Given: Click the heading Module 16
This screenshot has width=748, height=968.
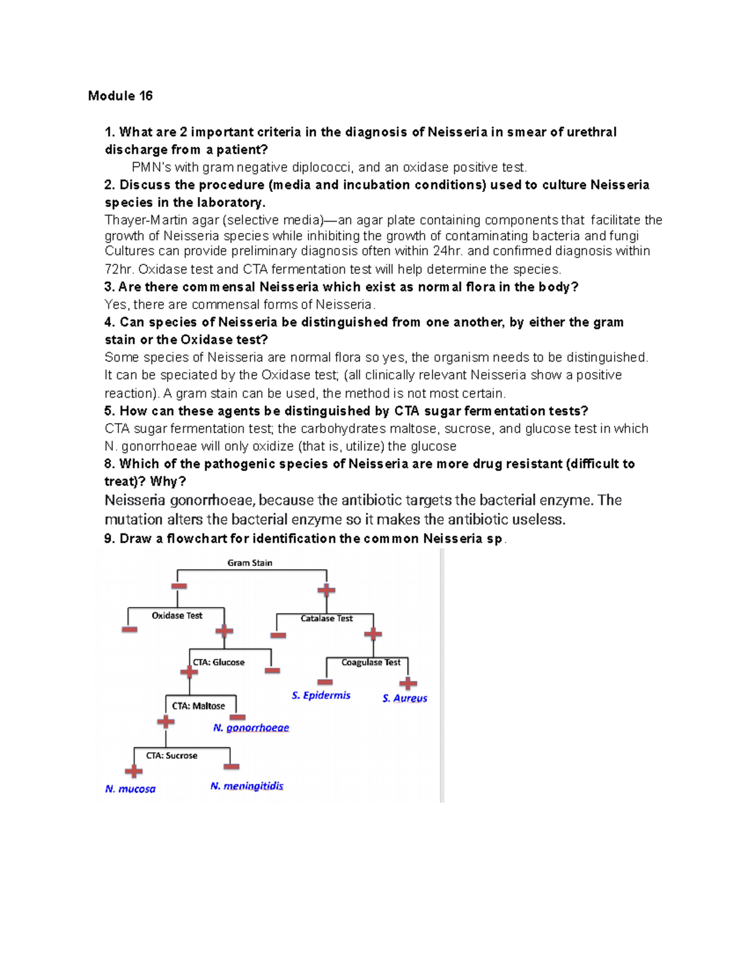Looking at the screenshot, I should (120, 96).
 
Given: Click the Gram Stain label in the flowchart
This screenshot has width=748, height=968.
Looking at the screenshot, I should (249, 563).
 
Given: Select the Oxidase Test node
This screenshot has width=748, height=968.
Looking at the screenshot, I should (177, 616).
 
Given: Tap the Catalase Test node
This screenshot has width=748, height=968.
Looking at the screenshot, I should (327, 619).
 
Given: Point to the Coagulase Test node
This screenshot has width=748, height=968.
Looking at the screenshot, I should (371, 663).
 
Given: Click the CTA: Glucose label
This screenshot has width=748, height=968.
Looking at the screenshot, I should (219, 663).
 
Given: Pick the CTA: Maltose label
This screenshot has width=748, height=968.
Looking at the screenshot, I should (198, 706).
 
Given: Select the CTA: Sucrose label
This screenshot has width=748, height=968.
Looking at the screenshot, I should (171, 755).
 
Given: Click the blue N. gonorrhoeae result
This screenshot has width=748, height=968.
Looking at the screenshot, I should (251, 728).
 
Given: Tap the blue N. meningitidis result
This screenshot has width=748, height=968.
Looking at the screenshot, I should (247, 786).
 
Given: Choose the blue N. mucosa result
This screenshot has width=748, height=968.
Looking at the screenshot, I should (130, 789).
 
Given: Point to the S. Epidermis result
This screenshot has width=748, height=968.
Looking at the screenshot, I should (321, 696).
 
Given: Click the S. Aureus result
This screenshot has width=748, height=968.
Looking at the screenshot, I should (405, 699).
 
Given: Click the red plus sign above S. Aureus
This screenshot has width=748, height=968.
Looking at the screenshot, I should (408, 684).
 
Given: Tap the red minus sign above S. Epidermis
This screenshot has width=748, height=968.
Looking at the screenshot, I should (325, 682).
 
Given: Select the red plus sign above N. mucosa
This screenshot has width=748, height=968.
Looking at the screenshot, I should (133, 772).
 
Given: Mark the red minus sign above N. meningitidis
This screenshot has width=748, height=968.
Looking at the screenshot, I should (231, 767).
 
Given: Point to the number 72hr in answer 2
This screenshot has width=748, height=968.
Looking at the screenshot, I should (118, 270).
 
